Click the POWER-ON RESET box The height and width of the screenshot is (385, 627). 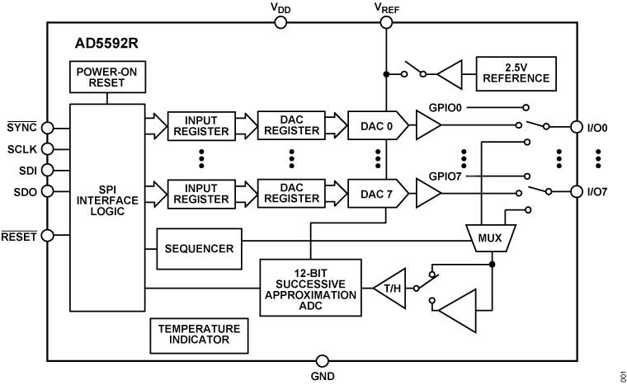[106, 78]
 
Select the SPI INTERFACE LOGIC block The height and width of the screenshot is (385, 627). [106, 200]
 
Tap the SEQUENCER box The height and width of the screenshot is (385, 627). [198, 247]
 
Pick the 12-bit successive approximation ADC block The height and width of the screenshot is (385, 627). [310, 288]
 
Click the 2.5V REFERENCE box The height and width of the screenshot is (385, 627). [516, 74]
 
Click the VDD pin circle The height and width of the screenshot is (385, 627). [280, 21]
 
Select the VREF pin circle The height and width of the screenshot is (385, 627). [386, 21]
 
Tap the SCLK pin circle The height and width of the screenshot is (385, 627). [49, 148]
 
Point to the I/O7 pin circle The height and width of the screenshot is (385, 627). [577, 193]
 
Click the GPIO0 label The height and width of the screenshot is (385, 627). [446, 107]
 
